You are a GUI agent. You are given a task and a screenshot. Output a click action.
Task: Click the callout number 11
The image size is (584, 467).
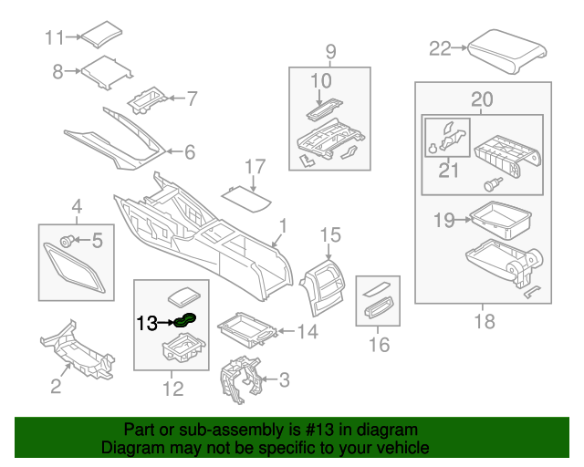tap(57, 38)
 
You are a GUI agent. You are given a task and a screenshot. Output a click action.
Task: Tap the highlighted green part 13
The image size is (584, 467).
tap(185, 319)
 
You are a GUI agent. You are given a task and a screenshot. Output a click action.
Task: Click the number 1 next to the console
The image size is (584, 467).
tap(283, 224)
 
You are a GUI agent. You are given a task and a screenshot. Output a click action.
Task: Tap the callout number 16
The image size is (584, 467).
tap(379, 344)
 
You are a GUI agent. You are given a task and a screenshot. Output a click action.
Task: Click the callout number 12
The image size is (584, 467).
tap(172, 389)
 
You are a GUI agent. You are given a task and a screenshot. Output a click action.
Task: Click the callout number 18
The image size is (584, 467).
tap(483, 322)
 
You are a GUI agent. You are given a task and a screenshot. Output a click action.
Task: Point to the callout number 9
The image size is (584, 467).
tap(330, 50)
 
